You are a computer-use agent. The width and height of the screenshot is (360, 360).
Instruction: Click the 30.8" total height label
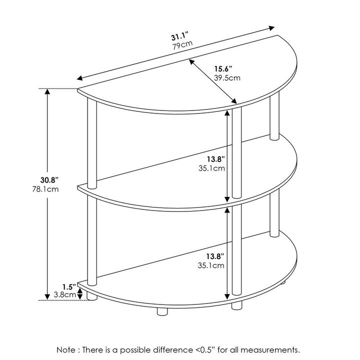click(49, 180)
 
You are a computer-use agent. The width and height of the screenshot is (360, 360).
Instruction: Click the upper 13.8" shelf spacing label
click(215, 159)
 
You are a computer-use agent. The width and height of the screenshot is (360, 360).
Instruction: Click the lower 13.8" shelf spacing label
click(215, 256)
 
